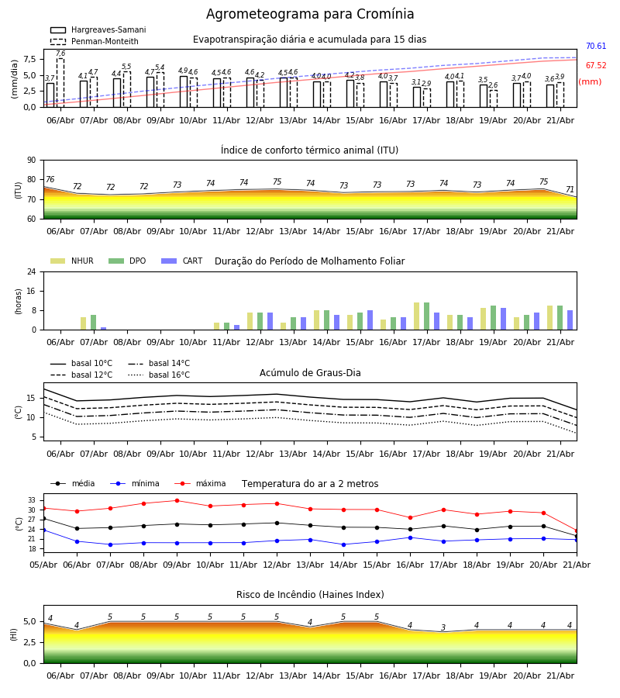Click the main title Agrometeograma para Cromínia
pyautogui.click(x=310, y=14)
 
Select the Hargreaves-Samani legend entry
pyautogui.click(x=98, y=29)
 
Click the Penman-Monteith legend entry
pyautogui.click(x=95, y=41)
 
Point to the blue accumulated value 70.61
pyautogui.click(x=596, y=46)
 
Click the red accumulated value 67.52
pyautogui.click(x=596, y=65)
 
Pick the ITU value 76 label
pyautogui.click(x=50, y=179)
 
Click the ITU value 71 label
pyautogui.click(x=570, y=190)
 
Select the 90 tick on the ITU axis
pyautogui.click(x=32, y=161)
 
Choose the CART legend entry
pyautogui.click(x=182, y=261)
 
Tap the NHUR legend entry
pyautogui.click(x=72, y=261)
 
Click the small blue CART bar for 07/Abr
pyautogui.click(x=104, y=329)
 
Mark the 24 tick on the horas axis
pyautogui.click(x=32, y=271)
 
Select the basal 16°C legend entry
pyautogui.click(x=159, y=375)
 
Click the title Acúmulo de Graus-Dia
pyautogui.click(x=310, y=373)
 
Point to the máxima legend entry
pyautogui.click(x=200, y=483)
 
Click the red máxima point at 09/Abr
pyautogui.click(x=177, y=501)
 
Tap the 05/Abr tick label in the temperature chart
pyautogui.click(x=43, y=565)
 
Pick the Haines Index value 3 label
pyautogui.click(x=443, y=627)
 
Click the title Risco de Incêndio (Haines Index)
pyautogui.click(x=310, y=595)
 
